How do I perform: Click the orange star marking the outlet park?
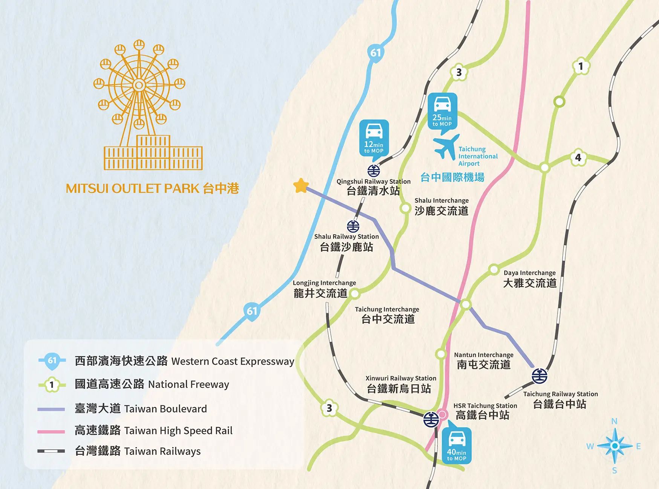coord(301,186)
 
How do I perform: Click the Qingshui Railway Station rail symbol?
coord(373,171)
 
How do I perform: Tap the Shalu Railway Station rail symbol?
coord(353,226)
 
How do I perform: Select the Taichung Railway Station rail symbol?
coord(539,376)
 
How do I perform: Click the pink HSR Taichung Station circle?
coord(443,415)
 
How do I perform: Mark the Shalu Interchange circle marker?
coord(405,208)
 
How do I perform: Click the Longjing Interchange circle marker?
coord(355,293)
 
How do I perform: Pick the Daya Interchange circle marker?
coord(494,270)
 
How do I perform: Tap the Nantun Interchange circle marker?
coord(440,354)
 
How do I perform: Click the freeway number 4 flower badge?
coord(578,157)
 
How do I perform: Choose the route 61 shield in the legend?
coord(52,361)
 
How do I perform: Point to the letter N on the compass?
coord(614,421)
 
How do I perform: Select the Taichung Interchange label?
coord(387,315)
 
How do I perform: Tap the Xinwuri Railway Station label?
coord(401,384)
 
